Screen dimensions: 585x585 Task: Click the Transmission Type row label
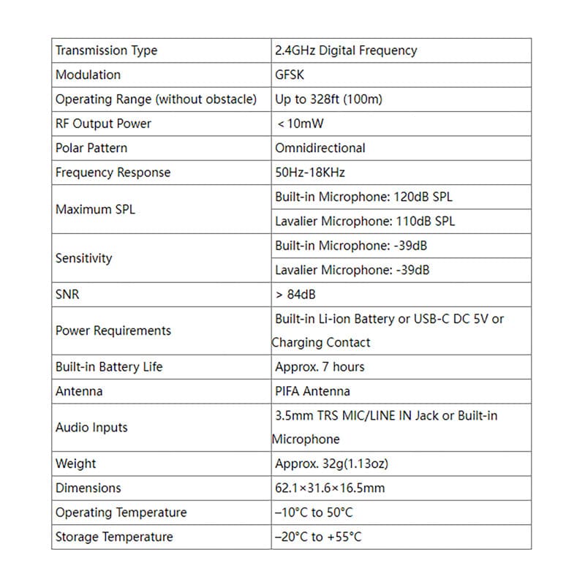pyautogui.click(x=106, y=50)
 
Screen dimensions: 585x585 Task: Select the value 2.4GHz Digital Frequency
pyautogui.click(x=346, y=50)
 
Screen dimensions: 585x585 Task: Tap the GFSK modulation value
pyautogui.click(x=290, y=75)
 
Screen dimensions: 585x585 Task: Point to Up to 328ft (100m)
pyautogui.click(x=328, y=99)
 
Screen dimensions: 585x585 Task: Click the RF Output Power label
pyautogui.click(x=103, y=124)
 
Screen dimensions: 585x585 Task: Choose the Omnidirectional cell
pyautogui.click(x=320, y=148)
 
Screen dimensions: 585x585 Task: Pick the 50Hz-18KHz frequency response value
pyautogui.click(x=310, y=173)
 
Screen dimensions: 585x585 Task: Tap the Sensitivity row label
pyautogui.click(x=84, y=258)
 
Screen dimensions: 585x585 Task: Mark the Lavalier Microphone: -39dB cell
pyautogui.click(x=352, y=270)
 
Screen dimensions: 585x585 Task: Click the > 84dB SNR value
pyautogui.click(x=295, y=295)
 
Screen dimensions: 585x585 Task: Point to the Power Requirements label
pyautogui.click(x=113, y=331)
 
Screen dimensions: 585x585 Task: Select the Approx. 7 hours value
pyautogui.click(x=320, y=366)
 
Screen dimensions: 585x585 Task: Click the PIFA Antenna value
pyautogui.click(x=312, y=391)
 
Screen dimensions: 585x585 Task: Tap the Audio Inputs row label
pyautogui.click(x=91, y=427)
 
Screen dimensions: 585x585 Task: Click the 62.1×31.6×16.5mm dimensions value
pyautogui.click(x=330, y=488)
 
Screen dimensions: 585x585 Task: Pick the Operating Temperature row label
pyautogui.click(x=121, y=513)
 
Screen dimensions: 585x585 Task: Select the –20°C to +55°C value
pyautogui.click(x=318, y=537)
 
